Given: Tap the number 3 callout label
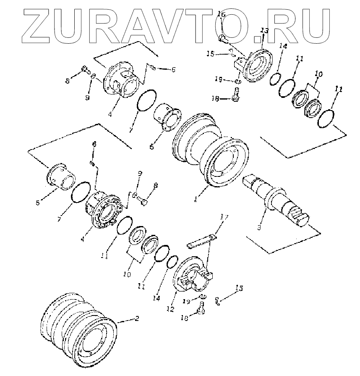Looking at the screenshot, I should (259, 227).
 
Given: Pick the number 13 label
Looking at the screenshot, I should (264, 31).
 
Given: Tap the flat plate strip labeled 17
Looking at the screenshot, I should (202, 242).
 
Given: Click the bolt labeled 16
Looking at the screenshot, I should (223, 38).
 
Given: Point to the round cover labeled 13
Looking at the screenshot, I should (257, 67).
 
